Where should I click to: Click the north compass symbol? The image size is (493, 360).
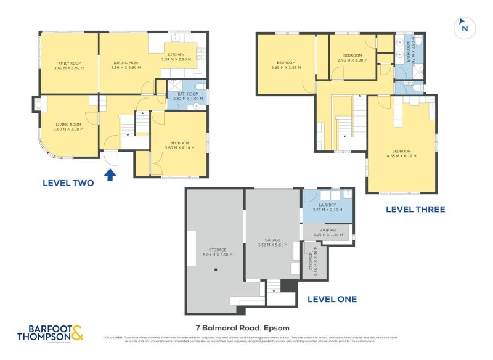(464, 28)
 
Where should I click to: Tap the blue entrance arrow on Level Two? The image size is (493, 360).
(110, 176)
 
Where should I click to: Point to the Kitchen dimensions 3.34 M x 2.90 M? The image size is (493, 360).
(176, 59)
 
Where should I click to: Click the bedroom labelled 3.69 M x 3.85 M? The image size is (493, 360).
(286, 65)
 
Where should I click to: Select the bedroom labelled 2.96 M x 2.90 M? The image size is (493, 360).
(352, 58)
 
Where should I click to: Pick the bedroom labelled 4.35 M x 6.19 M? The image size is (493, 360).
(401, 153)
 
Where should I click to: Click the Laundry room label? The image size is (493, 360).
(326, 208)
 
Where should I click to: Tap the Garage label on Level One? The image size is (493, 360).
(273, 242)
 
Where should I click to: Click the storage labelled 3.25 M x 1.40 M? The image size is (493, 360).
(327, 232)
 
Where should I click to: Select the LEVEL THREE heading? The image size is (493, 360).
(415, 209)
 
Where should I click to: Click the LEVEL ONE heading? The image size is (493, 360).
(332, 299)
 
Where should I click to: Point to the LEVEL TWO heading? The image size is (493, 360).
(68, 182)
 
